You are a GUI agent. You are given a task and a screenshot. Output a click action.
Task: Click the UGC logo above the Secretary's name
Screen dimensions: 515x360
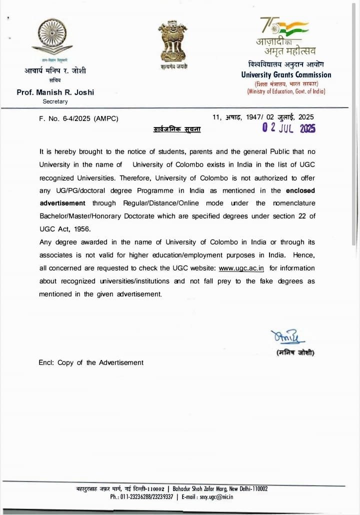coord(55,39)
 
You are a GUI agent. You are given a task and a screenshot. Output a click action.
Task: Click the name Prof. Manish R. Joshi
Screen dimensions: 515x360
coord(55,92)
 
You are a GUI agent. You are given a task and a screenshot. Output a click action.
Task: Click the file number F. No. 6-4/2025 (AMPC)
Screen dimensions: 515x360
coord(78,118)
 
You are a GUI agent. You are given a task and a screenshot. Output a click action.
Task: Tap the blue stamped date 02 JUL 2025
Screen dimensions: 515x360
coord(289,128)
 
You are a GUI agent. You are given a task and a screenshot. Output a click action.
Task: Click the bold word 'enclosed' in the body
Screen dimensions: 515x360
coord(300,190)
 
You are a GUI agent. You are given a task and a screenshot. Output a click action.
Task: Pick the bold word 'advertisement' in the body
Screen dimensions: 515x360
coord(62,203)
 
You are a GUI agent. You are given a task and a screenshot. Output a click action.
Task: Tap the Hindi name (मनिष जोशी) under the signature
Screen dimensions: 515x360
coord(295,353)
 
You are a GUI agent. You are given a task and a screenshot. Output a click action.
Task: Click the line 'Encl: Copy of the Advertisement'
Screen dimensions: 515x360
coord(91,362)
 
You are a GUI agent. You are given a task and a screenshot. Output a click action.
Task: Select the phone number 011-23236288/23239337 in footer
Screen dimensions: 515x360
coord(141,497)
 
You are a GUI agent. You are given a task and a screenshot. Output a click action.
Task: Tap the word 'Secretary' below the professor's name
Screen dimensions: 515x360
coord(55,101)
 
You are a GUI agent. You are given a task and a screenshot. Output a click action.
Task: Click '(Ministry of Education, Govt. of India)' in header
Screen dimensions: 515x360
coord(286,91)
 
